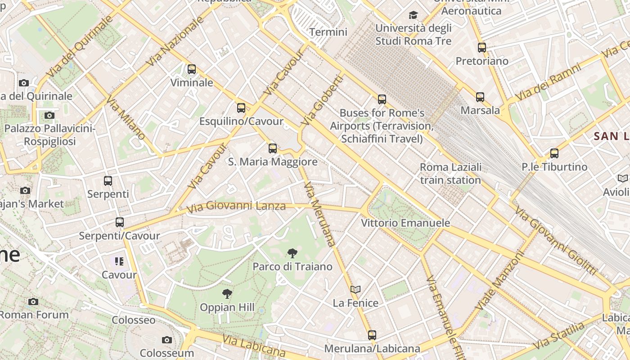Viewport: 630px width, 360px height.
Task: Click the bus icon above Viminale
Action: (x=192, y=69)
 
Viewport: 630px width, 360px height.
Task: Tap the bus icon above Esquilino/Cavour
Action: (x=241, y=108)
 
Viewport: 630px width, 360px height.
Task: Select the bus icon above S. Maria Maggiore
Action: (x=273, y=148)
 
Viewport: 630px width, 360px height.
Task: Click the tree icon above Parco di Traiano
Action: (x=292, y=253)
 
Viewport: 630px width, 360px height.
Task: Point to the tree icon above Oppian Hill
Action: (x=227, y=294)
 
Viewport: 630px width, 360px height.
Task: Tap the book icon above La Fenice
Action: (x=355, y=289)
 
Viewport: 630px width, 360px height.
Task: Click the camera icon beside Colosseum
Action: (x=167, y=340)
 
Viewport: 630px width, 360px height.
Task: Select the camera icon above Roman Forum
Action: (x=33, y=301)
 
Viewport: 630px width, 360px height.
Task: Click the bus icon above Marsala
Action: (x=480, y=97)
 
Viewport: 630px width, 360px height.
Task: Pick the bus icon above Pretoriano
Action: (x=482, y=47)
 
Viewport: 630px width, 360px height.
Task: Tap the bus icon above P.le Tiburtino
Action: (x=554, y=153)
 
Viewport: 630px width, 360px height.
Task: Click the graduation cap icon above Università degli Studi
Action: (x=413, y=15)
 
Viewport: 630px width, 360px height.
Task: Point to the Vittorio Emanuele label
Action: (x=405, y=223)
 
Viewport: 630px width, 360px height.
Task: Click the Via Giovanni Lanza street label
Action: (x=236, y=207)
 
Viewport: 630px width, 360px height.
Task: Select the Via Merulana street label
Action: (x=320, y=214)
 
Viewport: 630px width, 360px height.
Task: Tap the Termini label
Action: (x=328, y=32)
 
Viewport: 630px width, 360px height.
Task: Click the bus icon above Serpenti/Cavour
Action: (x=120, y=222)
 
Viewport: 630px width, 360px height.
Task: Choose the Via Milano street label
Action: (x=126, y=118)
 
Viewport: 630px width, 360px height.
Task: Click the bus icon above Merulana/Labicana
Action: (x=372, y=335)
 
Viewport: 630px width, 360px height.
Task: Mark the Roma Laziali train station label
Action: (x=450, y=174)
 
